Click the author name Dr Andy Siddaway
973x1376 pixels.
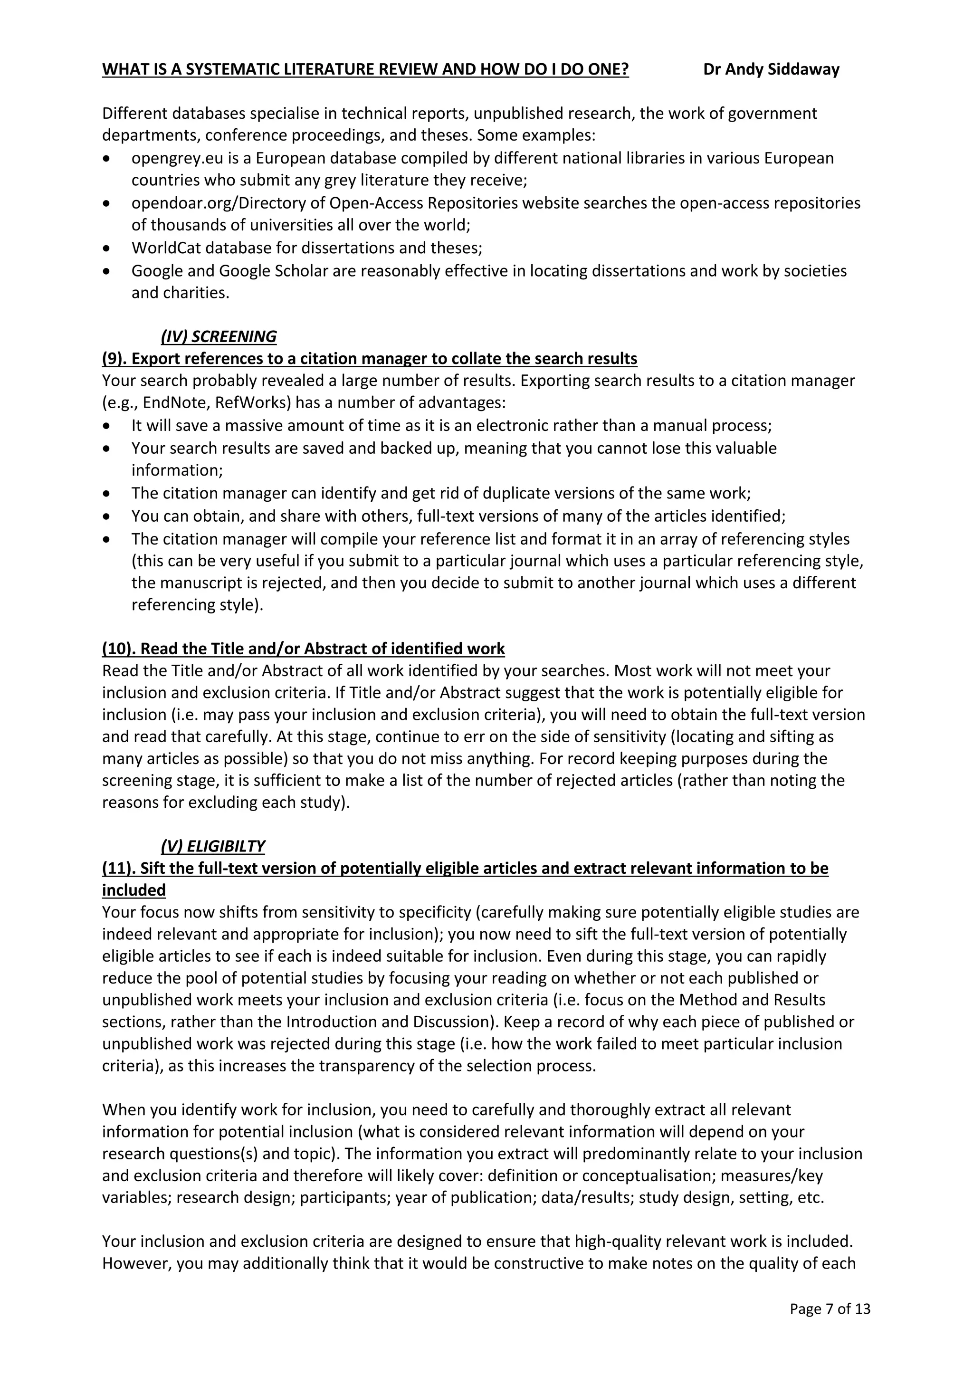(x=771, y=69)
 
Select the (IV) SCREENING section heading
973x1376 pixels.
(x=219, y=336)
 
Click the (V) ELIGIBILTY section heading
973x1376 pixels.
(x=213, y=846)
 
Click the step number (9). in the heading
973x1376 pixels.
(x=114, y=358)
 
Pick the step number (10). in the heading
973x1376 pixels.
(x=119, y=649)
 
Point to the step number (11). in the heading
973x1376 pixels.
(x=119, y=868)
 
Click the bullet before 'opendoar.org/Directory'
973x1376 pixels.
(x=106, y=204)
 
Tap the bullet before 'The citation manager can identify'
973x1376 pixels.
(x=106, y=494)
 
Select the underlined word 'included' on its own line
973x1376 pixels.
(x=134, y=890)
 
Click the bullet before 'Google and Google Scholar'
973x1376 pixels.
(x=106, y=271)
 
